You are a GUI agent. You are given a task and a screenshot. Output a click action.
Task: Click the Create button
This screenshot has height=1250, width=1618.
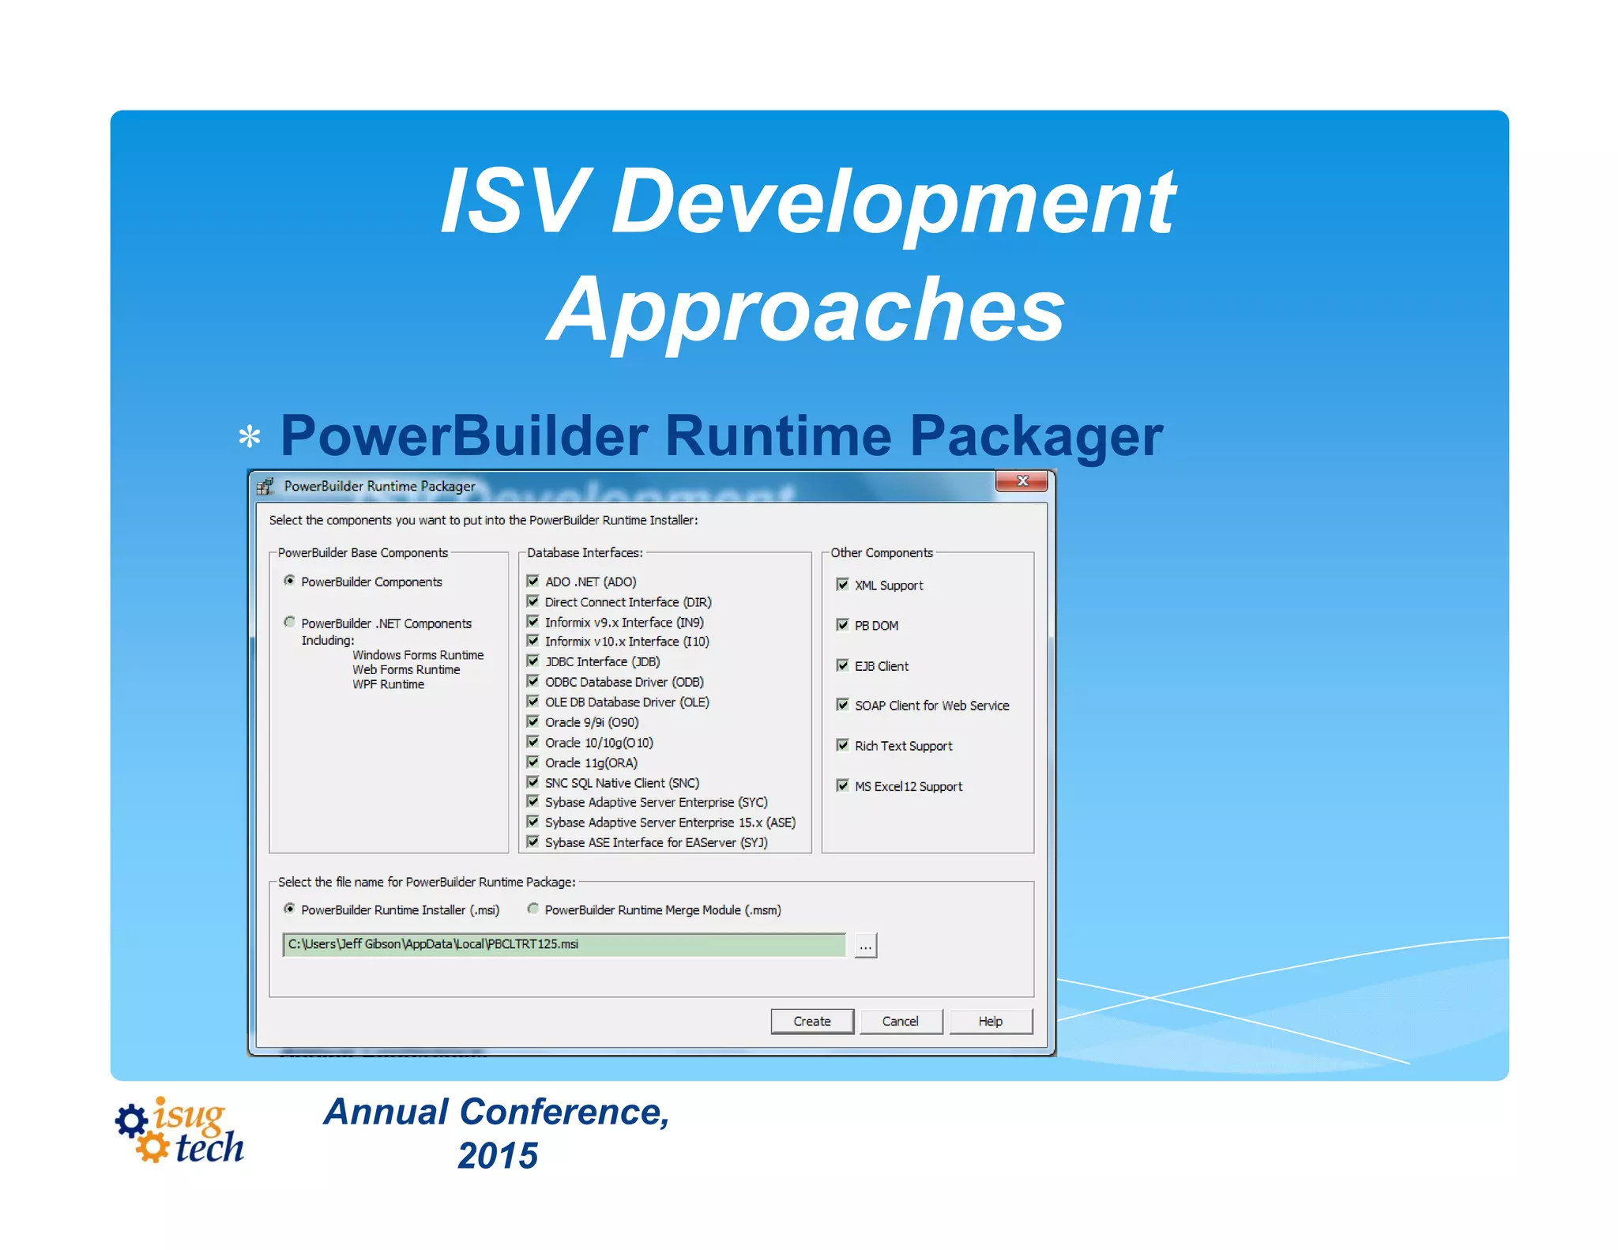(811, 1021)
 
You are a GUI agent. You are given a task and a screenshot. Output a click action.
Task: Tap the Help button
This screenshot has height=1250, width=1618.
(990, 1021)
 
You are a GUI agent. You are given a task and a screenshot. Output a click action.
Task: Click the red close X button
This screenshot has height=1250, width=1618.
(1022, 481)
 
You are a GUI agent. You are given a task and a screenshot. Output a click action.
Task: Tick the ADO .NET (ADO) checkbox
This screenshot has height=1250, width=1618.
(533, 581)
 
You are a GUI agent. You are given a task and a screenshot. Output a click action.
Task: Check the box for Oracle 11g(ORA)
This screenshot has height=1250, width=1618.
(533, 762)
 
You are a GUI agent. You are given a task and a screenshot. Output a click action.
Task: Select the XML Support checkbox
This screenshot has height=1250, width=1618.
(842, 585)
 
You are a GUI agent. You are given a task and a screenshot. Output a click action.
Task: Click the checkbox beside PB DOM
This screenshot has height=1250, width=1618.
(842, 625)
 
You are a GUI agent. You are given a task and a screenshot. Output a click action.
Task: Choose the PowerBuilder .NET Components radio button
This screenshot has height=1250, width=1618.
(290, 623)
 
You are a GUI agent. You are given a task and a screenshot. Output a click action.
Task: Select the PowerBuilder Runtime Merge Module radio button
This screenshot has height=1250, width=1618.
(533, 909)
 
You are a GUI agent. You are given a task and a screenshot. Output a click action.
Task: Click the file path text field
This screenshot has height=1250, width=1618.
(563, 944)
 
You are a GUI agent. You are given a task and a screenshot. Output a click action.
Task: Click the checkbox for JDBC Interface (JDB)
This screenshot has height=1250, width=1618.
(533, 661)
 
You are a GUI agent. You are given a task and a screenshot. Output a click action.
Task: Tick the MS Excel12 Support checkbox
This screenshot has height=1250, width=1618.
(842, 785)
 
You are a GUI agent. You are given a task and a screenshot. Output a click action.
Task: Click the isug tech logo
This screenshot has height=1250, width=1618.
(179, 1131)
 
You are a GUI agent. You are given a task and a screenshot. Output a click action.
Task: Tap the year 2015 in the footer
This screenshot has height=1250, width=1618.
(498, 1156)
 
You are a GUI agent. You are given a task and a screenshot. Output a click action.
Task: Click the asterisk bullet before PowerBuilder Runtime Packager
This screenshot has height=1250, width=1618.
(250, 437)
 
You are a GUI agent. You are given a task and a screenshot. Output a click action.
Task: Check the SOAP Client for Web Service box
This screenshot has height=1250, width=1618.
(842, 705)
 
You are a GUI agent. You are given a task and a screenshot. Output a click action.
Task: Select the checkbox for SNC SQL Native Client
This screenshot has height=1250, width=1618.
(533, 782)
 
